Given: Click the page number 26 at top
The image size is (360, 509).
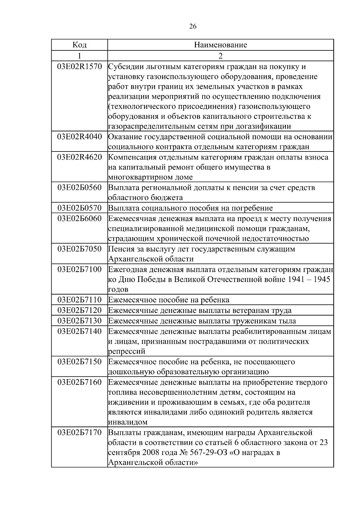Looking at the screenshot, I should click(x=193, y=27).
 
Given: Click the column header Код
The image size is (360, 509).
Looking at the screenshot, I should click(x=79, y=45).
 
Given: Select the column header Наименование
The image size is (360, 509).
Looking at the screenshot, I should click(x=220, y=45).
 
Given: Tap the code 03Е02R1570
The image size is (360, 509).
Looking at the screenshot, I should click(x=79, y=67).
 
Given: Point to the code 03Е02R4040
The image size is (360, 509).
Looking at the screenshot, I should click(x=79, y=137).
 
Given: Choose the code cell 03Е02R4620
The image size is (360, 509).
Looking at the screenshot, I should click(x=79, y=157).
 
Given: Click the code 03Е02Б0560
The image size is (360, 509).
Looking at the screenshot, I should click(x=79, y=188).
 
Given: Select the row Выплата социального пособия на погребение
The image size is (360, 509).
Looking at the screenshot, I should click(x=190, y=208).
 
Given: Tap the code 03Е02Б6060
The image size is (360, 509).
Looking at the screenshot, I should click(x=79, y=219).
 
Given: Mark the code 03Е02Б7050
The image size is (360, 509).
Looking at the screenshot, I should click(x=79, y=249).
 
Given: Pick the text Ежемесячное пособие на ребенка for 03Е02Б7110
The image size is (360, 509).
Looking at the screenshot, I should click(x=169, y=300).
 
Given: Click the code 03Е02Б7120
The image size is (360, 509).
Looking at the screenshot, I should click(x=79, y=310).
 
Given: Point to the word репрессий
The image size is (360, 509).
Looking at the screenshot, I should click(x=127, y=351).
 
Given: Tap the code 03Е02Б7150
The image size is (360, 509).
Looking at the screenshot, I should click(x=79, y=362).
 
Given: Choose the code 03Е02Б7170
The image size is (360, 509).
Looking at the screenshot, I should click(x=79, y=433).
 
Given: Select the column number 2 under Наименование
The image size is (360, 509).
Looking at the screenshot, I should click(x=220, y=56).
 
